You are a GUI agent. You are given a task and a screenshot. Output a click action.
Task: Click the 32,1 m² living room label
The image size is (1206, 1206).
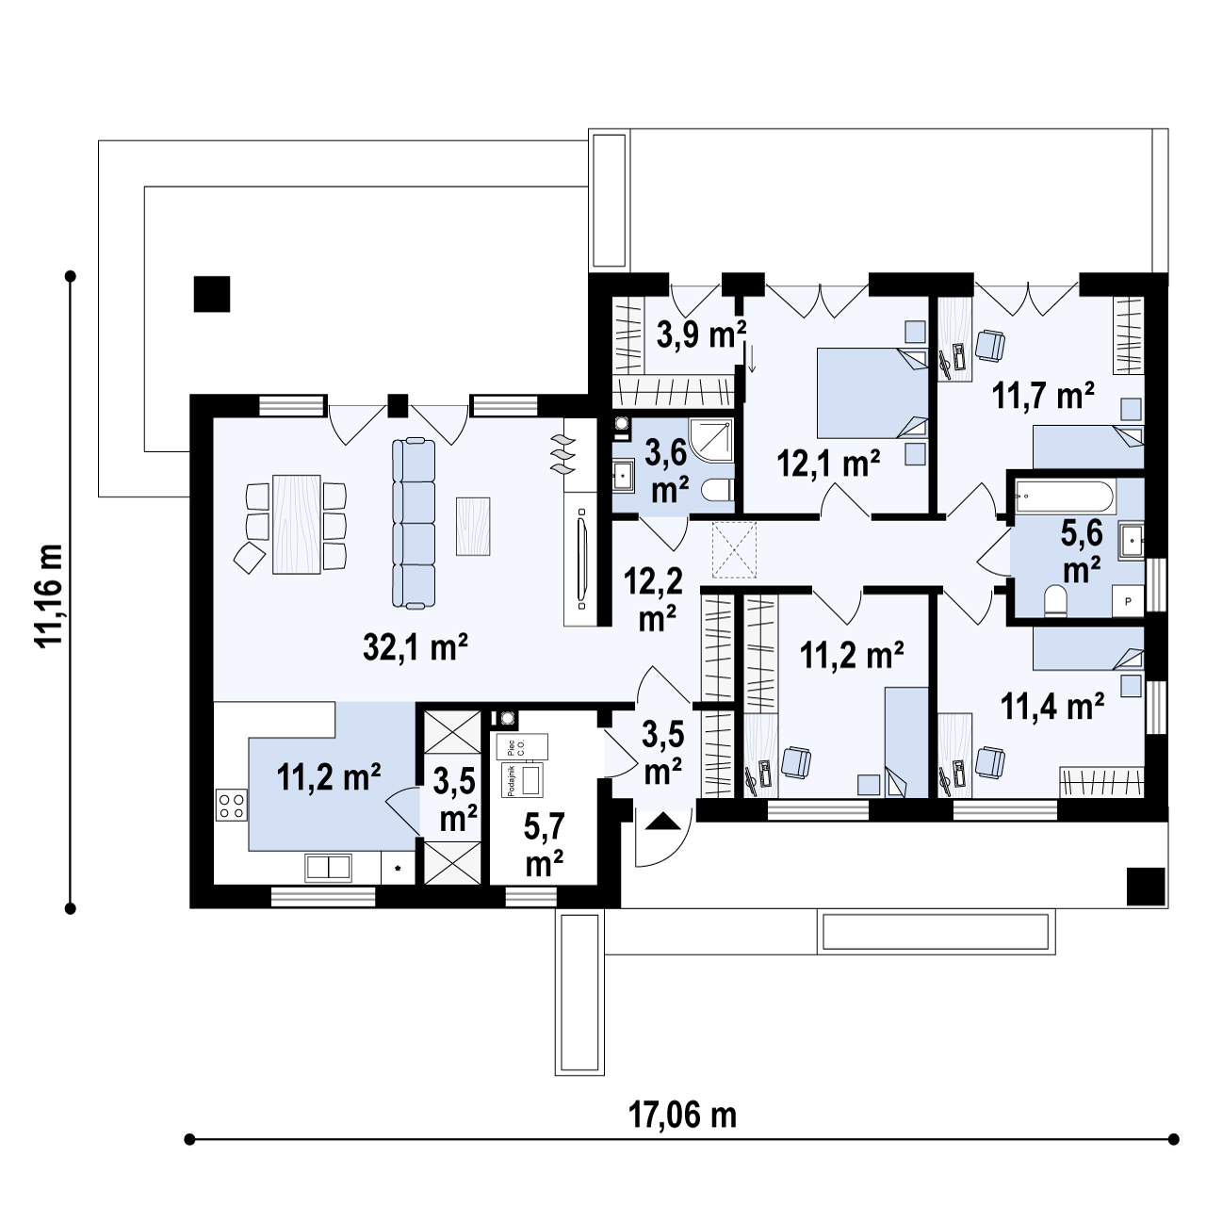[x=416, y=646]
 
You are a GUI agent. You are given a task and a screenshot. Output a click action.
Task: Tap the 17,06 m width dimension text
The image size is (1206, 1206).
[x=682, y=1116]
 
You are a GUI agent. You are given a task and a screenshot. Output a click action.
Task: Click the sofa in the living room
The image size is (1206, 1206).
[x=414, y=524]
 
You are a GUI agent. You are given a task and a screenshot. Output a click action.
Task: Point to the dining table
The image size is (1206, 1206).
[x=296, y=525]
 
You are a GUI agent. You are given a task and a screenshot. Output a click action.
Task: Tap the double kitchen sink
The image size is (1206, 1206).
[x=328, y=867]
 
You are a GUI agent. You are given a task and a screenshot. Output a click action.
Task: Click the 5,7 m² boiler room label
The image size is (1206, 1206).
[x=545, y=845]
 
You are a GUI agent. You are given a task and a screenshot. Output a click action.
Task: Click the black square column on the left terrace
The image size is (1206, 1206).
[x=212, y=293]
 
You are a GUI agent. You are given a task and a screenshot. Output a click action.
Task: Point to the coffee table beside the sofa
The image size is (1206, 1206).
[x=473, y=525]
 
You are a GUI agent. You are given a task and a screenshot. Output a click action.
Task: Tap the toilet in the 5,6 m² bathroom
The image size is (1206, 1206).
[x=1056, y=600]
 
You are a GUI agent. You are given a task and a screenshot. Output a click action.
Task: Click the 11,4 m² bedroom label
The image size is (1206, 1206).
[x=1052, y=705]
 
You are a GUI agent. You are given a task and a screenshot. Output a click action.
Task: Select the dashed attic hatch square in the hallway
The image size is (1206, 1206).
[x=735, y=549]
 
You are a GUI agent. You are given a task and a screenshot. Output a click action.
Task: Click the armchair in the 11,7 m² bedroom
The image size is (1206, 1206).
[x=989, y=346]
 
